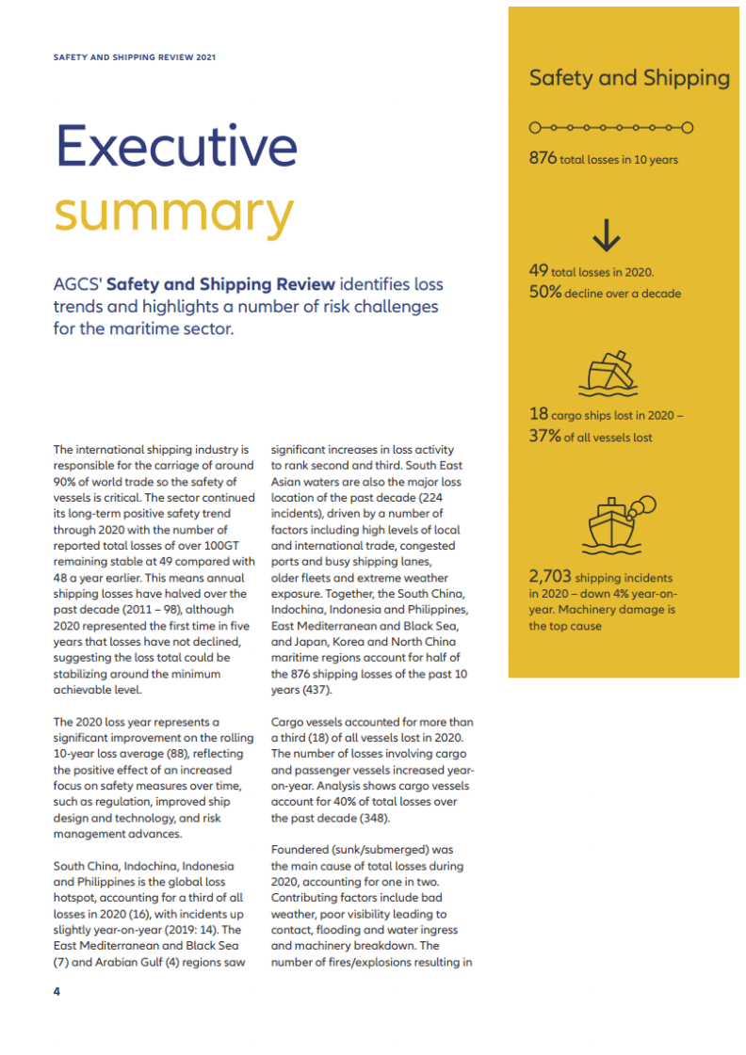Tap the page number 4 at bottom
(57, 991)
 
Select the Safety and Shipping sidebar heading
(628, 78)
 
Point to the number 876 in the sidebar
(543, 158)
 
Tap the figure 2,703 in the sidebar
(549, 576)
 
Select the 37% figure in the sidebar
(544, 436)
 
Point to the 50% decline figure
(545, 292)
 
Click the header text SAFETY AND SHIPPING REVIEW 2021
(135, 57)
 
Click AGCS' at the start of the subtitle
(78, 284)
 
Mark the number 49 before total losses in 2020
(539, 270)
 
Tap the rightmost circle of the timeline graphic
(688, 126)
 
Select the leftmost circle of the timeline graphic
(535, 126)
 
